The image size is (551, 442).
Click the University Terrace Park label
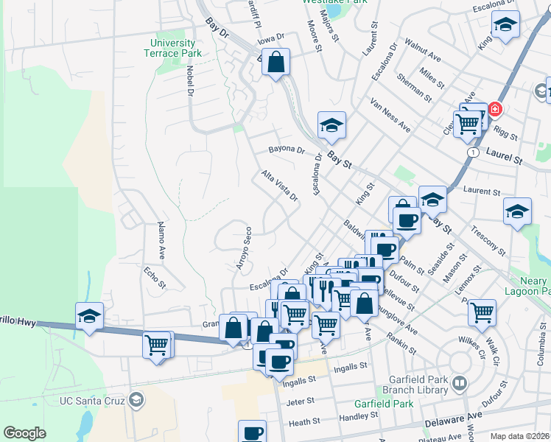[172, 48]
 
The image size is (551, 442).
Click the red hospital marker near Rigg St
[494, 110]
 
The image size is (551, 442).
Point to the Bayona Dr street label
[287, 150]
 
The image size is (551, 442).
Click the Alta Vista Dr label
[279, 186]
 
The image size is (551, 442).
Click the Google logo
[24, 433]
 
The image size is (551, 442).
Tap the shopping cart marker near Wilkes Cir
[482, 312]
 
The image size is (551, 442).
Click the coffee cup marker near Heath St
[252, 432]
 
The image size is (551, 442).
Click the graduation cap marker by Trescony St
[518, 211]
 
